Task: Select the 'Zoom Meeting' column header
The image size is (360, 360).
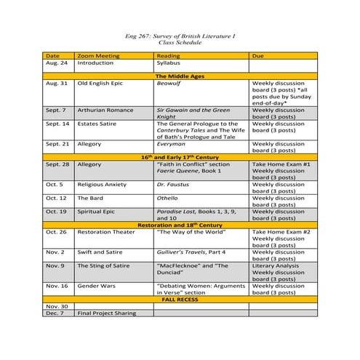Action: [95, 55]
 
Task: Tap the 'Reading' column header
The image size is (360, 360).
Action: [169, 55]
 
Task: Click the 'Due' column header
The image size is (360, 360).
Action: [257, 55]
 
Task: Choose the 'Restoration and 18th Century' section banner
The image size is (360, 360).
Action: [180, 225]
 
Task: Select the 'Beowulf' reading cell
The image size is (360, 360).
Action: [169, 84]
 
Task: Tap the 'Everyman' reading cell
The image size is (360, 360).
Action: [170, 144]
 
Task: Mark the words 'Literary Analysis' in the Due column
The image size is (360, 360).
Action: [276, 265]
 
